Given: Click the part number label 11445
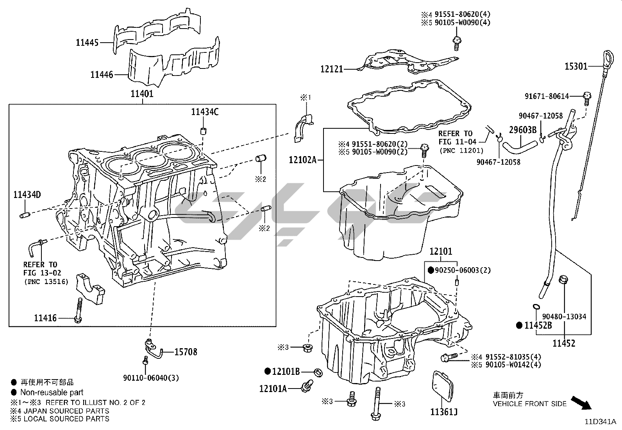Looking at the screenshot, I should click(87, 43).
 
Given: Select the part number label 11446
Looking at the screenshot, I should click(102, 74).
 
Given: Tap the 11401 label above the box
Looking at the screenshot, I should click(142, 94).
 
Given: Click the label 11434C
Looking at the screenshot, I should click(205, 112).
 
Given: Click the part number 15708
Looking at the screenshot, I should click(186, 352).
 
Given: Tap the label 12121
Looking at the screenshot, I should click(332, 69).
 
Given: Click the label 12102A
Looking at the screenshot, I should click(302, 160).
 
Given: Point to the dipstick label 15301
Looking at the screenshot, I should click(576, 67).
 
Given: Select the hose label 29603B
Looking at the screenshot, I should click(522, 130).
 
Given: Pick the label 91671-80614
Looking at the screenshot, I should click(552, 96).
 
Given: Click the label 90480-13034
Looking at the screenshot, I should click(564, 317).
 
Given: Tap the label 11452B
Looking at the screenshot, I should click(538, 325).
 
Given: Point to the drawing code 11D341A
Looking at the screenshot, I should click(600, 422).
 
